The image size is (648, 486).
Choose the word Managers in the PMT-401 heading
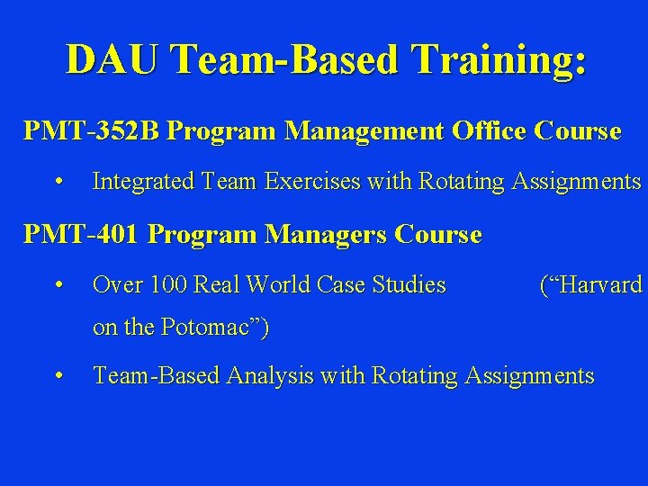(320, 235)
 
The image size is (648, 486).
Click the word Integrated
(143, 182)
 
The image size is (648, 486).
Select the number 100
(169, 285)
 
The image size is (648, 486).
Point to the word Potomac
(209, 328)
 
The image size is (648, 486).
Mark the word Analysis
(269, 375)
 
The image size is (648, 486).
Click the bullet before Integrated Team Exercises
(58, 183)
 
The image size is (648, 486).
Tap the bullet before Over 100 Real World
(58, 286)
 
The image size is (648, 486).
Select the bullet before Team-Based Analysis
(58, 376)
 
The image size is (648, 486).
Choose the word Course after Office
(578, 131)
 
